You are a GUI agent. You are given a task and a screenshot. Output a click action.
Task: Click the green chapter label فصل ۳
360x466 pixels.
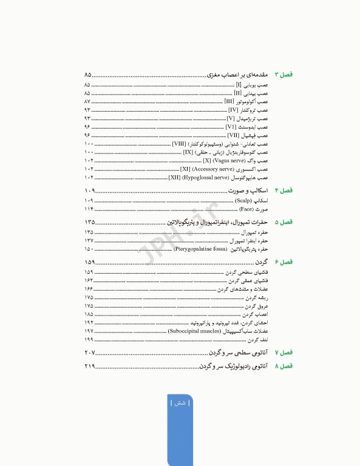[x=284, y=74]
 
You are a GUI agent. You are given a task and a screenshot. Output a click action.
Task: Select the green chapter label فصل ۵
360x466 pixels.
[x=284, y=222]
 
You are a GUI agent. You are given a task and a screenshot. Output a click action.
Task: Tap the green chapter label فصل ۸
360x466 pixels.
[x=284, y=366]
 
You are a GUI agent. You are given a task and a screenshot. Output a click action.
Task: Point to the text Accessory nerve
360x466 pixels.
[x=217, y=169]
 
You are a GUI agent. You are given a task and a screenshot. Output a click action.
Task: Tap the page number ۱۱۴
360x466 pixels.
[x=89, y=208]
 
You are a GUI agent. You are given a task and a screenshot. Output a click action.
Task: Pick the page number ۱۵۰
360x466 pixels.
[x=89, y=249]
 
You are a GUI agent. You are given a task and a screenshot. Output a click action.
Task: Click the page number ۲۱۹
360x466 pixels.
[x=90, y=366]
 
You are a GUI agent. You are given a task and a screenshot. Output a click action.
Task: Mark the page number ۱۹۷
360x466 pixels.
[x=89, y=331]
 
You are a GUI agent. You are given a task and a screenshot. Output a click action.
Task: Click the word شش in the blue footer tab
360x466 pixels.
[x=180, y=403]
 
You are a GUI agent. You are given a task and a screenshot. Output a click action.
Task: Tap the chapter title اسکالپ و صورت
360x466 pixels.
[x=251, y=191]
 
